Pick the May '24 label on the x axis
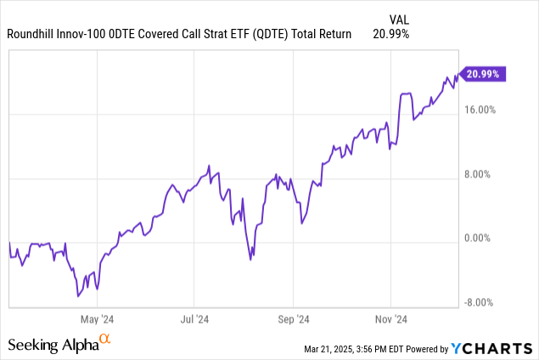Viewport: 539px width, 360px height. [x=97, y=320]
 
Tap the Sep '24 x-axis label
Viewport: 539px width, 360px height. [x=293, y=320]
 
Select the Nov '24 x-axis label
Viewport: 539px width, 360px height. [x=390, y=320]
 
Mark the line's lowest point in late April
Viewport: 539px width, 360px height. [x=78, y=296]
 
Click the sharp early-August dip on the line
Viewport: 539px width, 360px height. [x=250, y=259]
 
